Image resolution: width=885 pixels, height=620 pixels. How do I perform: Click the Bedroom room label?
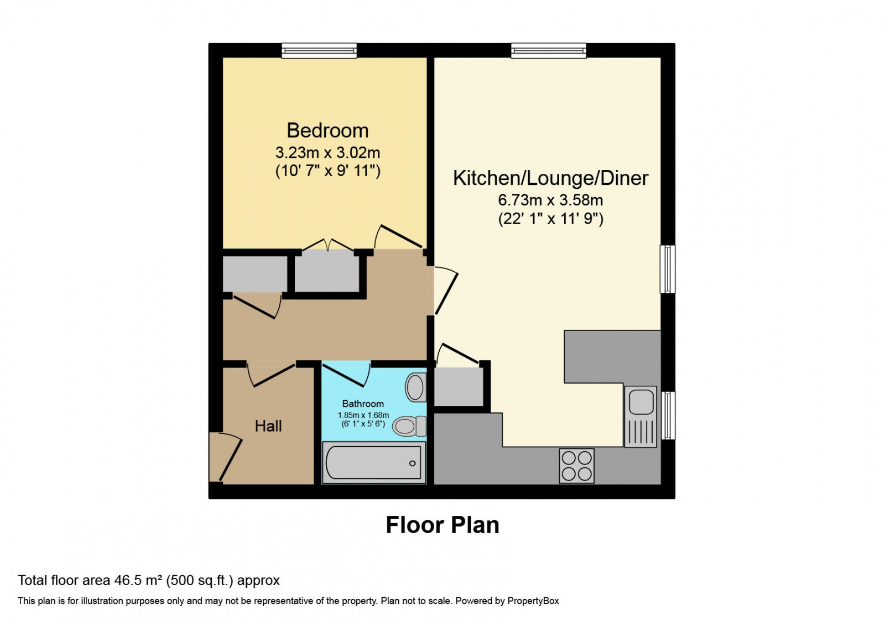click(x=327, y=131)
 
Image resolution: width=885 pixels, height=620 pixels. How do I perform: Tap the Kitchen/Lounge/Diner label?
click(x=550, y=178)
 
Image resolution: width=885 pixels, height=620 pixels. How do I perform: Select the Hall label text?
click(x=268, y=426)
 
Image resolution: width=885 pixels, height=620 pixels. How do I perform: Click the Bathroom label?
click(x=363, y=404)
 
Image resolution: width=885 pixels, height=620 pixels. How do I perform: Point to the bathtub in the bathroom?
click(x=374, y=463)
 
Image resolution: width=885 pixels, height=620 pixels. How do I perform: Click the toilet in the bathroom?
click(x=409, y=426)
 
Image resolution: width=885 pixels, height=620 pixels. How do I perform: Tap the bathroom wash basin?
click(x=416, y=387)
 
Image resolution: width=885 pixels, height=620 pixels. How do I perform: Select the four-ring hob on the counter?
click(x=576, y=466)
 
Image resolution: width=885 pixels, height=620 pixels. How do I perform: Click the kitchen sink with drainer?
click(x=641, y=416)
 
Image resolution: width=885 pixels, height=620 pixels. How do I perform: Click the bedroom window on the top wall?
click(x=319, y=51)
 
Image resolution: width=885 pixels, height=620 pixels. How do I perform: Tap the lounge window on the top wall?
click(x=548, y=51)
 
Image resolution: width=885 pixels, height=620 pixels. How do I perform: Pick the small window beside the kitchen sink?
click(x=668, y=415)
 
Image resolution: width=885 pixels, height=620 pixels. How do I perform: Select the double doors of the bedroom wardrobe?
click(x=328, y=246)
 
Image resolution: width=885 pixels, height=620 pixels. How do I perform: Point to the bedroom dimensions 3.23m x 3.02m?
click(x=327, y=152)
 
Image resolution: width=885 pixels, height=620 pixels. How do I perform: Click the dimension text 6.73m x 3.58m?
click(x=550, y=200)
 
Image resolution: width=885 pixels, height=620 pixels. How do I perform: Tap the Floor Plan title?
click(x=442, y=525)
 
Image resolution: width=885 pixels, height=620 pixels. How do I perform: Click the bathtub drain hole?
click(x=413, y=463)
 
